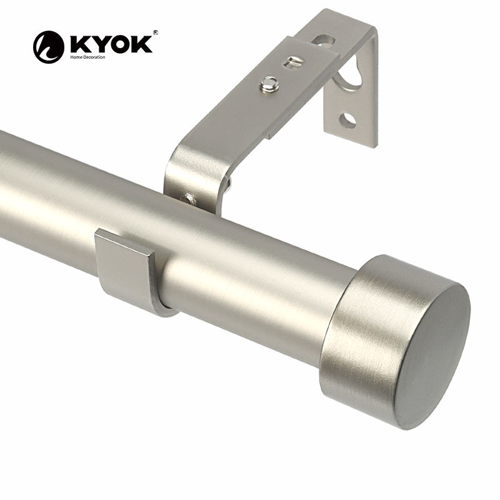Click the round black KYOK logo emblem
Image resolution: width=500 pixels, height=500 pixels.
(x=49, y=47)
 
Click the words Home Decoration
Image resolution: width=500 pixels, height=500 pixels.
(x=87, y=57)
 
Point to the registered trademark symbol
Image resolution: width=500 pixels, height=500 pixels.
(x=155, y=32)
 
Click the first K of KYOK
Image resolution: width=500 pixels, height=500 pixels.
(x=78, y=44)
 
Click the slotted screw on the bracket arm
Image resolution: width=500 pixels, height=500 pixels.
(x=292, y=61)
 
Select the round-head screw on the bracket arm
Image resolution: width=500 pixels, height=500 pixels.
(x=269, y=84)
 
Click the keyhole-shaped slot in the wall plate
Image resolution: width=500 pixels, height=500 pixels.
(x=351, y=75)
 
